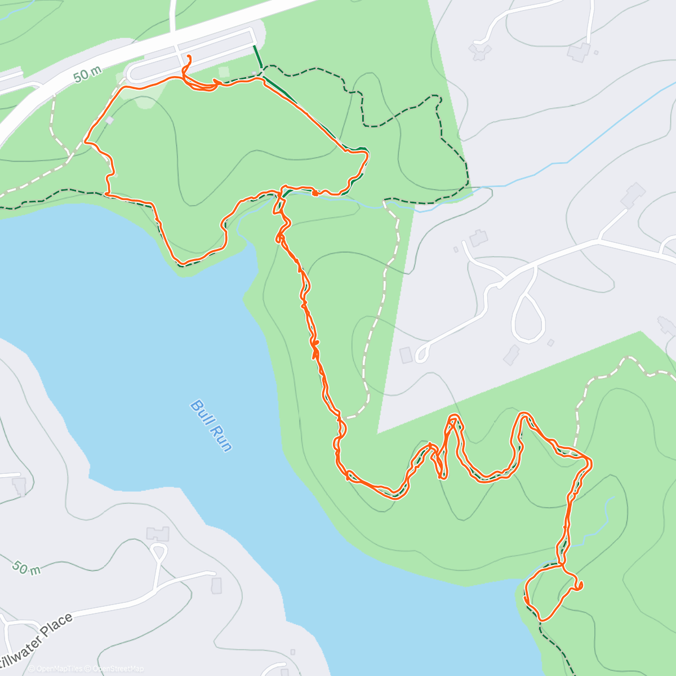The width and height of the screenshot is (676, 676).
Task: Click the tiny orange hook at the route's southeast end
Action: click(579, 586)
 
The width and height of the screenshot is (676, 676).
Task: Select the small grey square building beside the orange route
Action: click(109, 120)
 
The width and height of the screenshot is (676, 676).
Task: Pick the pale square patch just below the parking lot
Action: click(224, 72)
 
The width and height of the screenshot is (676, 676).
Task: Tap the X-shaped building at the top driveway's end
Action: click(480, 52)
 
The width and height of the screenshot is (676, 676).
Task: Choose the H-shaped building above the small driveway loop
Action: click(157, 532)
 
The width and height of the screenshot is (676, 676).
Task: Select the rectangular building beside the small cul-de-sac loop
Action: click(406, 355)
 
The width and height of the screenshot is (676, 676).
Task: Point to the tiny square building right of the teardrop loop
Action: click(550, 343)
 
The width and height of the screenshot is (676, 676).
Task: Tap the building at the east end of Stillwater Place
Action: click(216, 585)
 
